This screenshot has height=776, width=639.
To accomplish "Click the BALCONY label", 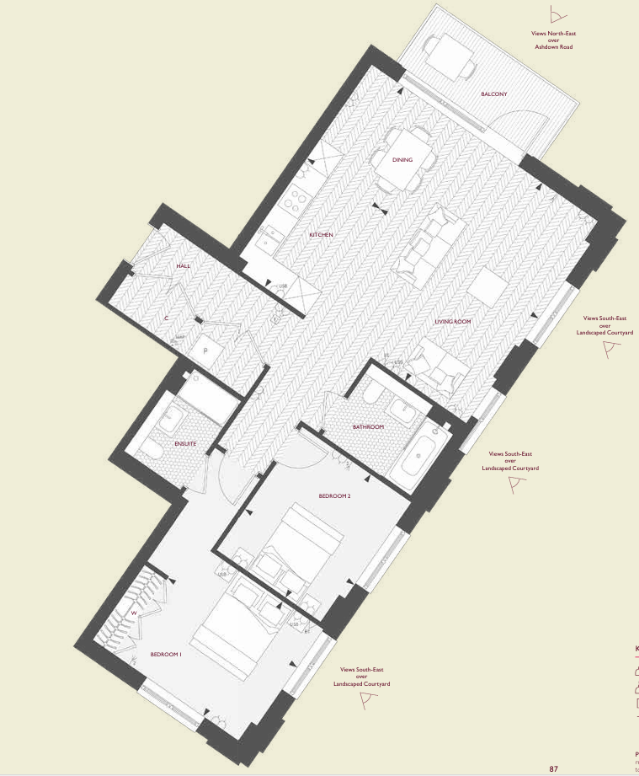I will (494, 94).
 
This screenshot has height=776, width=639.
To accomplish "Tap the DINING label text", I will (402, 159).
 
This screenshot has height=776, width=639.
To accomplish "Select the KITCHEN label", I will (321, 234).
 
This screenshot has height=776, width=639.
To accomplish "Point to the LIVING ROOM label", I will (452, 322).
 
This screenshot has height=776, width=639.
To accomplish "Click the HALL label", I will (184, 265).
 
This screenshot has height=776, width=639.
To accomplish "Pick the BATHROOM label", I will (368, 427).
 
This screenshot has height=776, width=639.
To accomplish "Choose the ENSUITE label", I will (185, 443).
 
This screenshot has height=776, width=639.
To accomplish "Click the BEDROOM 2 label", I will (334, 496).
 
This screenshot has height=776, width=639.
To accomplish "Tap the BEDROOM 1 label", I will (166, 654).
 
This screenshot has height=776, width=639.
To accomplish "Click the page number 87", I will (554, 768).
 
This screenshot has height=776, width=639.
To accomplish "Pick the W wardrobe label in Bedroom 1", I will (134, 613).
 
